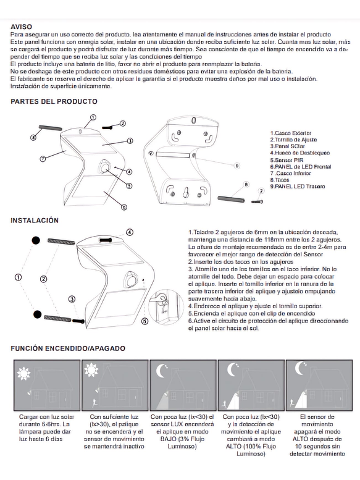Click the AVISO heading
pyautogui.click(x=21, y=27)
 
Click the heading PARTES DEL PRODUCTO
pyautogui.click(x=54, y=102)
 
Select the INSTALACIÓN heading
pyautogui.click(x=35, y=221)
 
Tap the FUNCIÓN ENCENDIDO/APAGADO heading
pyautogui.click(x=68, y=348)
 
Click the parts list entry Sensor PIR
pyautogui.click(x=287, y=160)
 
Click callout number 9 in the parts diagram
pyautogui.click(x=237, y=166)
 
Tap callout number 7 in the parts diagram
pyautogui.click(x=43, y=159)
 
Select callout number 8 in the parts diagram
pyautogui.click(x=246, y=184)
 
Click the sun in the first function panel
pyautogui.click(x=23, y=374)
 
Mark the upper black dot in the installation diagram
pyautogui.click(x=36, y=240)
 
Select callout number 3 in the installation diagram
pyautogui.click(x=72, y=299)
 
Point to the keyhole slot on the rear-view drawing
pyautogui.click(x=185, y=192)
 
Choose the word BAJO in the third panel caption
pyautogui.click(x=169, y=439)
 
